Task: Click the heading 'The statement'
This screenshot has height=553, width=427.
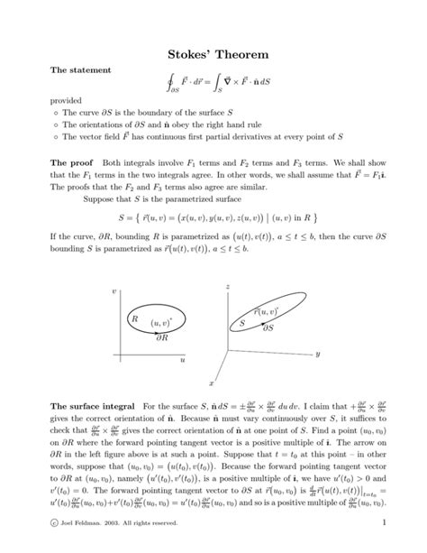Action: click(78, 69)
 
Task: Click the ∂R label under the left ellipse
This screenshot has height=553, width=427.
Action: click(163, 341)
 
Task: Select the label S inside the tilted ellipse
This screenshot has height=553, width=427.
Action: click(241, 321)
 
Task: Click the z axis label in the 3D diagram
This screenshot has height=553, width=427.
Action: click(230, 285)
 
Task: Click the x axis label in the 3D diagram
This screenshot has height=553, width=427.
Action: click(211, 382)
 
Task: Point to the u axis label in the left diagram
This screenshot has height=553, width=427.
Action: click(182, 360)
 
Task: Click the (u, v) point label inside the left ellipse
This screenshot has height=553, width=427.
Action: click(160, 322)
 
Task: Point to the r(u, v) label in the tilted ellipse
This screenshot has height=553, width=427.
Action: click(266, 311)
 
